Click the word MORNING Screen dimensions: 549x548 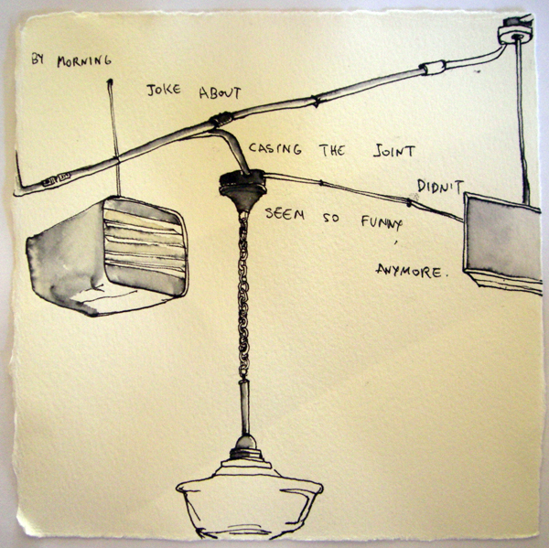tap(84, 61)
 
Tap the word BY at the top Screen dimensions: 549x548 tap(38, 59)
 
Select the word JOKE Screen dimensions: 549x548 tap(164, 90)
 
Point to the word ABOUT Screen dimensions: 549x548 tap(220, 92)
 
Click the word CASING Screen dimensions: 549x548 tap(274, 148)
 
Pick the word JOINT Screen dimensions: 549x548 tap(393, 151)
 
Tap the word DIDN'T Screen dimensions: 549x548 tap(440, 187)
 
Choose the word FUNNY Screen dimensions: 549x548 tap(382, 222)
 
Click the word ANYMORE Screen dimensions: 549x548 tap(412, 271)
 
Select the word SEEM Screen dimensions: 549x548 tap(285, 213)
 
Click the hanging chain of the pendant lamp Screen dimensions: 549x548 tap(243, 297)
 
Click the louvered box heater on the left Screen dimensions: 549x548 tap(107, 256)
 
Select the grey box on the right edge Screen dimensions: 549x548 tap(502, 242)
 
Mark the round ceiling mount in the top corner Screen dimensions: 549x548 tap(514, 31)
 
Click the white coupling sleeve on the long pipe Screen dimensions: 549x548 tap(433, 67)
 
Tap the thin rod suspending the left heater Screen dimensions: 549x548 tap(114, 137)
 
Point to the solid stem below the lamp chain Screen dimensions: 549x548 tap(244, 408)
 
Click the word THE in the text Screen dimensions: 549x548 tap(332, 150)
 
